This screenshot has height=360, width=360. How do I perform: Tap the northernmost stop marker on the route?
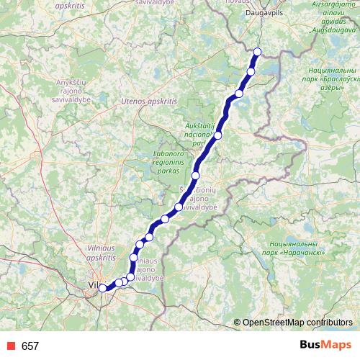[258, 51]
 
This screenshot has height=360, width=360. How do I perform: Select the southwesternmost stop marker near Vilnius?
[103, 288]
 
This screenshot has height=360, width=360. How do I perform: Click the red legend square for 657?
[9, 346]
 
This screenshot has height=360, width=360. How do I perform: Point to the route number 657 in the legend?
[30, 346]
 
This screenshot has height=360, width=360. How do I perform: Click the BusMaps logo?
[325, 346]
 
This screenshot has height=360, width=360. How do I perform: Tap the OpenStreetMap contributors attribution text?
[297, 323]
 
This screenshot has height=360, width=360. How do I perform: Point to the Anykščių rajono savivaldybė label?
[76, 92]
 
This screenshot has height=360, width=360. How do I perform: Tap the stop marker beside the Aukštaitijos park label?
[217, 135]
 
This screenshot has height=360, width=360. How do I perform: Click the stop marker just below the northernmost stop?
[251, 71]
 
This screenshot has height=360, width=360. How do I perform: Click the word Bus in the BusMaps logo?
[311, 346]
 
